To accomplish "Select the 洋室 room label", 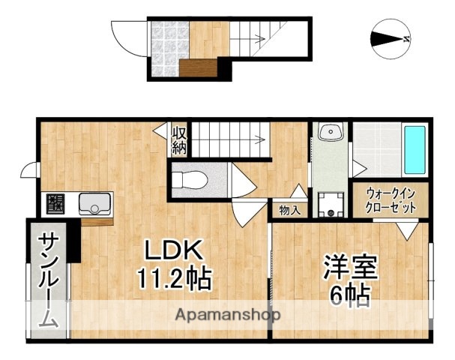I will tap(350, 268).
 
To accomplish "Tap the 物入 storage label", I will tap(289, 210).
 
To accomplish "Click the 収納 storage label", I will tap(180, 139).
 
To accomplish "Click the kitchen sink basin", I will tap(94, 203).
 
